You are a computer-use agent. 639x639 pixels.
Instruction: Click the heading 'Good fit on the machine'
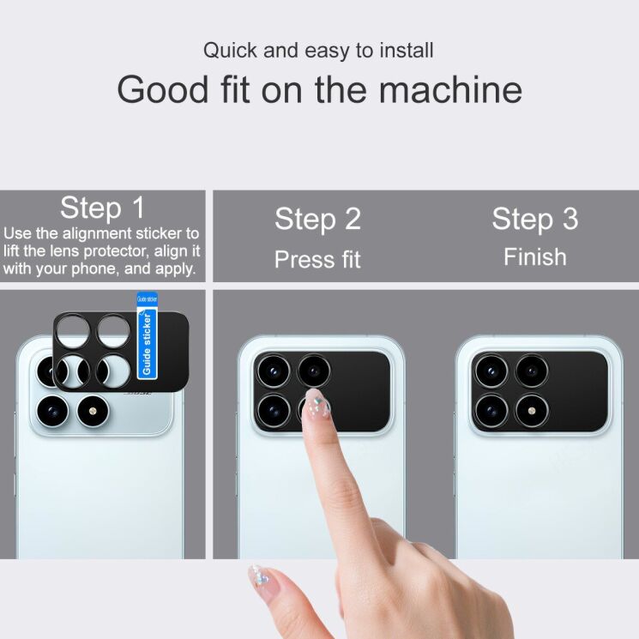click(x=319, y=89)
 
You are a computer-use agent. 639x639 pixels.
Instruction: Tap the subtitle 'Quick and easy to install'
click(x=319, y=50)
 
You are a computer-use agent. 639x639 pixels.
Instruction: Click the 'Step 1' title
click(x=102, y=208)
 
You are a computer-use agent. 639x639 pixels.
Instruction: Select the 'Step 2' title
click(x=317, y=219)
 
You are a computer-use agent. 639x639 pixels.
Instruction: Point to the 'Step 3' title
click(x=534, y=219)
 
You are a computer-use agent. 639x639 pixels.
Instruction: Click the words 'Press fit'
click(x=317, y=259)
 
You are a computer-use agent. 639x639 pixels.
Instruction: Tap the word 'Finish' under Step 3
click(x=534, y=257)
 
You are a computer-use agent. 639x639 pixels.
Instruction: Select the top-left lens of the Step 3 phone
click(x=491, y=371)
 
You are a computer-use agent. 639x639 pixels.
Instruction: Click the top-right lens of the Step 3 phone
click(x=532, y=371)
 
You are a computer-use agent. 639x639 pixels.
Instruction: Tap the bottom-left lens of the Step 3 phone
click(x=491, y=410)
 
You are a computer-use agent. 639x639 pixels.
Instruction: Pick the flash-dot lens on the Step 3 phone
click(x=532, y=410)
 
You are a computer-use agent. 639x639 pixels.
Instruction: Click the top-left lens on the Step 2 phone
click(x=273, y=371)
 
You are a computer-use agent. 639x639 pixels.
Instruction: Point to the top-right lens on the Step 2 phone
click(x=314, y=371)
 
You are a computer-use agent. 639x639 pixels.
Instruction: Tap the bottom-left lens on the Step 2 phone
click(x=273, y=410)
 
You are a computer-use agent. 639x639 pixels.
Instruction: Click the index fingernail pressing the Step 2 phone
click(x=316, y=403)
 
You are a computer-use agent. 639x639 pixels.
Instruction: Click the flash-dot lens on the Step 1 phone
click(x=93, y=412)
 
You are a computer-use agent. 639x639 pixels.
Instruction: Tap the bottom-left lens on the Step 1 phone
click(x=51, y=412)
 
